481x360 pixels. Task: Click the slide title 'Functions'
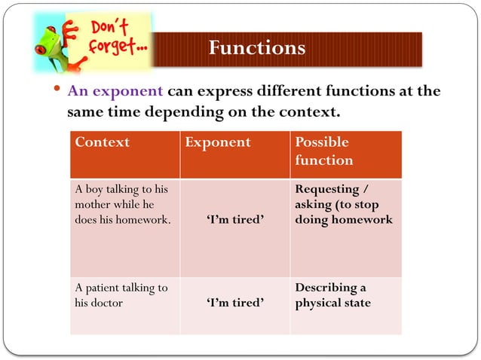pyautogui.click(x=257, y=48)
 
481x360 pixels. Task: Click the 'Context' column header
pyautogui.click(x=102, y=142)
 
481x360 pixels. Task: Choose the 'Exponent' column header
pyautogui.click(x=218, y=142)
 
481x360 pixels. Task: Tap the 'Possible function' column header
pyautogui.click(x=323, y=151)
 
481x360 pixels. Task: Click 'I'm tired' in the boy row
pyautogui.click(x=234, y=220)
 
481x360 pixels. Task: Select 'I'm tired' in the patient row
pyautogui.click(x=234, y=303)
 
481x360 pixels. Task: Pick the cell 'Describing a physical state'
pyautogui.click(x=332, y=295)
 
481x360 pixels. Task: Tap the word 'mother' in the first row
pyautogui.click(x=93, y=205)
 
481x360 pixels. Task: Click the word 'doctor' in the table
pyautogui.click(x=109, y=303)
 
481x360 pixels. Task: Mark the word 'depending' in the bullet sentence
pyautogui.click(x=170, y=113)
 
